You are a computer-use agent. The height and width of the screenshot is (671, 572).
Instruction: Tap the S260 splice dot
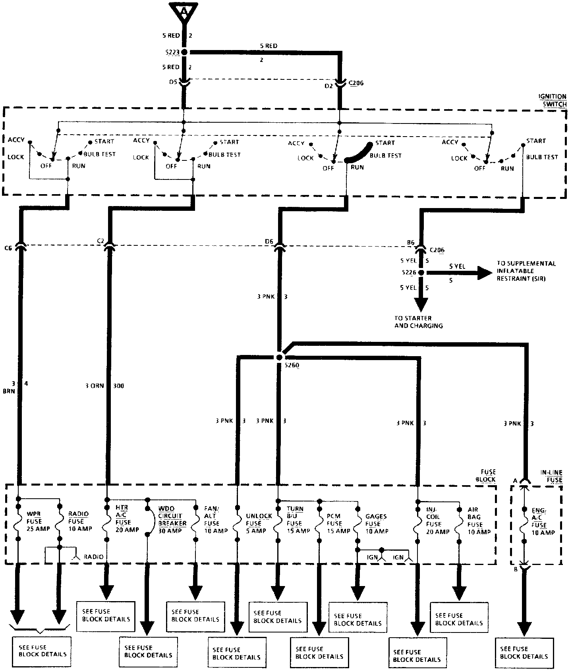pos(279,357)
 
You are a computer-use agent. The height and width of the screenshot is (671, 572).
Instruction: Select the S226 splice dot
pos(421,273)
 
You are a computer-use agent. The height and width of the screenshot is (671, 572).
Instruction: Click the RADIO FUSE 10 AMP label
pos(78,521)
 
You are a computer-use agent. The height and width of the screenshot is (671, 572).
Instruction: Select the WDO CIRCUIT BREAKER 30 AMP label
pos(172,520)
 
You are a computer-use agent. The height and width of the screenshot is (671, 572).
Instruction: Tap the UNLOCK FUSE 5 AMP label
pos(259,523)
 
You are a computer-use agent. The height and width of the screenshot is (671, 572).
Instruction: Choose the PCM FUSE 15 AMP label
pos(338,523)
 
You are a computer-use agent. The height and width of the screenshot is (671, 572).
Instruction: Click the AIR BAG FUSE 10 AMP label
pos(478,521)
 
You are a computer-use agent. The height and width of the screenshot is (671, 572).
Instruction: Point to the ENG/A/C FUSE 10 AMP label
pos(543,521)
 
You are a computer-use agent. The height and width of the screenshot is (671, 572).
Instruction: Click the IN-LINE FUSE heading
pos(551,476)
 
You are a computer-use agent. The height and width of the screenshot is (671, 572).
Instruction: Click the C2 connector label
pos(100,241)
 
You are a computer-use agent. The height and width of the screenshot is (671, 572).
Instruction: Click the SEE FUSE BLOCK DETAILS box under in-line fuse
pos(524,653)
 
